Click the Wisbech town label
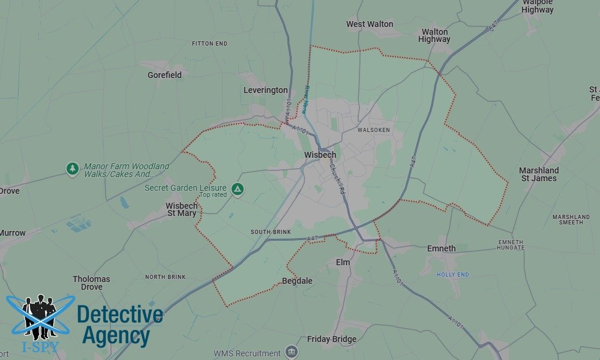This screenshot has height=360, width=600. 320,155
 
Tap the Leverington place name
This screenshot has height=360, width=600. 265,91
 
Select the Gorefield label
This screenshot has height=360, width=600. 164,76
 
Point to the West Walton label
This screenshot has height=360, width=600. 370,25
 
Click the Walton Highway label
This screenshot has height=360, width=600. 435,35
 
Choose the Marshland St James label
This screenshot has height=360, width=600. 539,174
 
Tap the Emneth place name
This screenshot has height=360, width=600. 441,248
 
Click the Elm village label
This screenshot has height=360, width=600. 343,263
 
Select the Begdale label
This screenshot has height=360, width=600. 297,281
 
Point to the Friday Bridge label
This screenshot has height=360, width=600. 332,340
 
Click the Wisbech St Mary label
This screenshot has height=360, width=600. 181,209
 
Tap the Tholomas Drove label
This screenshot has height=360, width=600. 91,283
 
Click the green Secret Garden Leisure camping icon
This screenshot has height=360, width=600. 238,189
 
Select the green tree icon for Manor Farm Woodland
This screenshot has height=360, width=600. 73,169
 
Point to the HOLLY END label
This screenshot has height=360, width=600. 452,275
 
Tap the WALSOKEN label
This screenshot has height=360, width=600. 373,130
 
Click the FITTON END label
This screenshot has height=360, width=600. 209,44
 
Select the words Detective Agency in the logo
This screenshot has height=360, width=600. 119,325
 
